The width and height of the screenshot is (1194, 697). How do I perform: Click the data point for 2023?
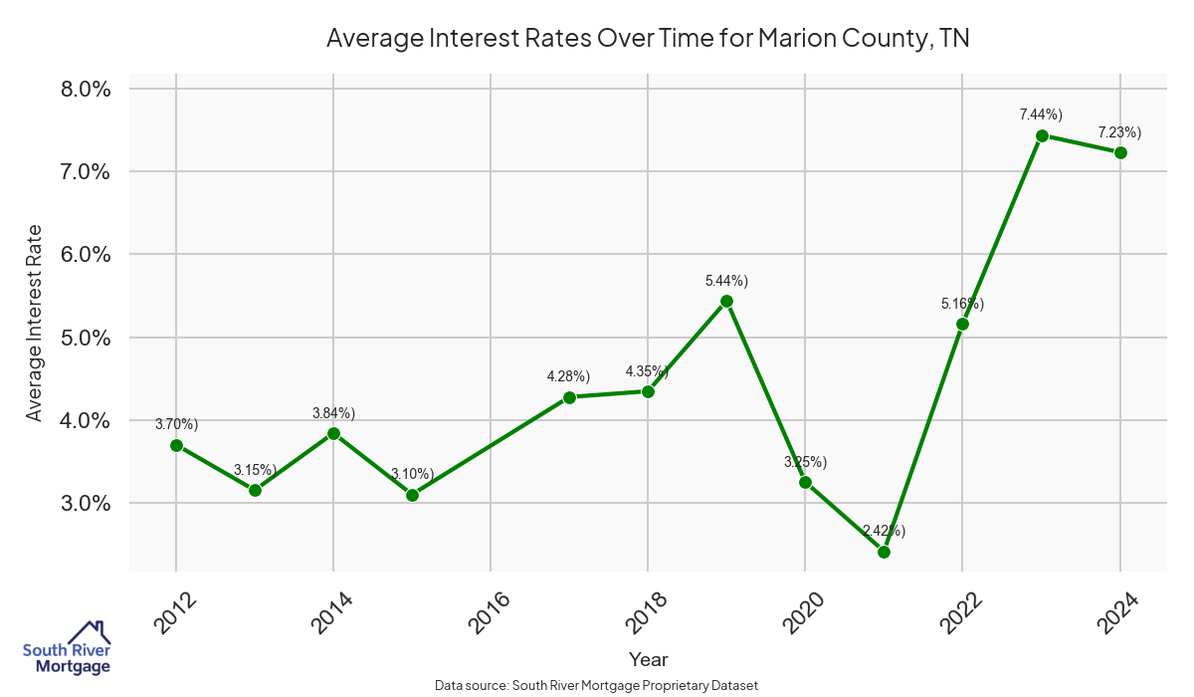coord(1042,135)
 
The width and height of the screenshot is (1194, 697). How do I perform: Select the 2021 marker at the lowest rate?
coord(884,552)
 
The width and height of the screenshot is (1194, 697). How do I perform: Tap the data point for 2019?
coord(726,301)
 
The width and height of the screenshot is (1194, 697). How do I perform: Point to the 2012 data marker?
coord(176,445)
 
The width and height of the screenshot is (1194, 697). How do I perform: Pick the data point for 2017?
coord(569,397)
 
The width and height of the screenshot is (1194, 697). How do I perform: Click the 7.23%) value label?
coord(1119,132)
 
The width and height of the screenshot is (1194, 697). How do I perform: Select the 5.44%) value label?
coord(725,281)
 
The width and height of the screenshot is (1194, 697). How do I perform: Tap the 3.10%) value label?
coord(412,474)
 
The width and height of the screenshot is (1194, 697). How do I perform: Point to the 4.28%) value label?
coord(568,376)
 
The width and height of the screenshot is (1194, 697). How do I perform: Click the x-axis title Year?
coord(649,659)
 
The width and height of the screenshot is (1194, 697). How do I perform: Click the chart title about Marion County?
coord(648,39)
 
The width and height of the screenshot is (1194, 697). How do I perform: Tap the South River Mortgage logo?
coord(67,648)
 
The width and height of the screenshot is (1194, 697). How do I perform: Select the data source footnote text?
coord(597,685)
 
